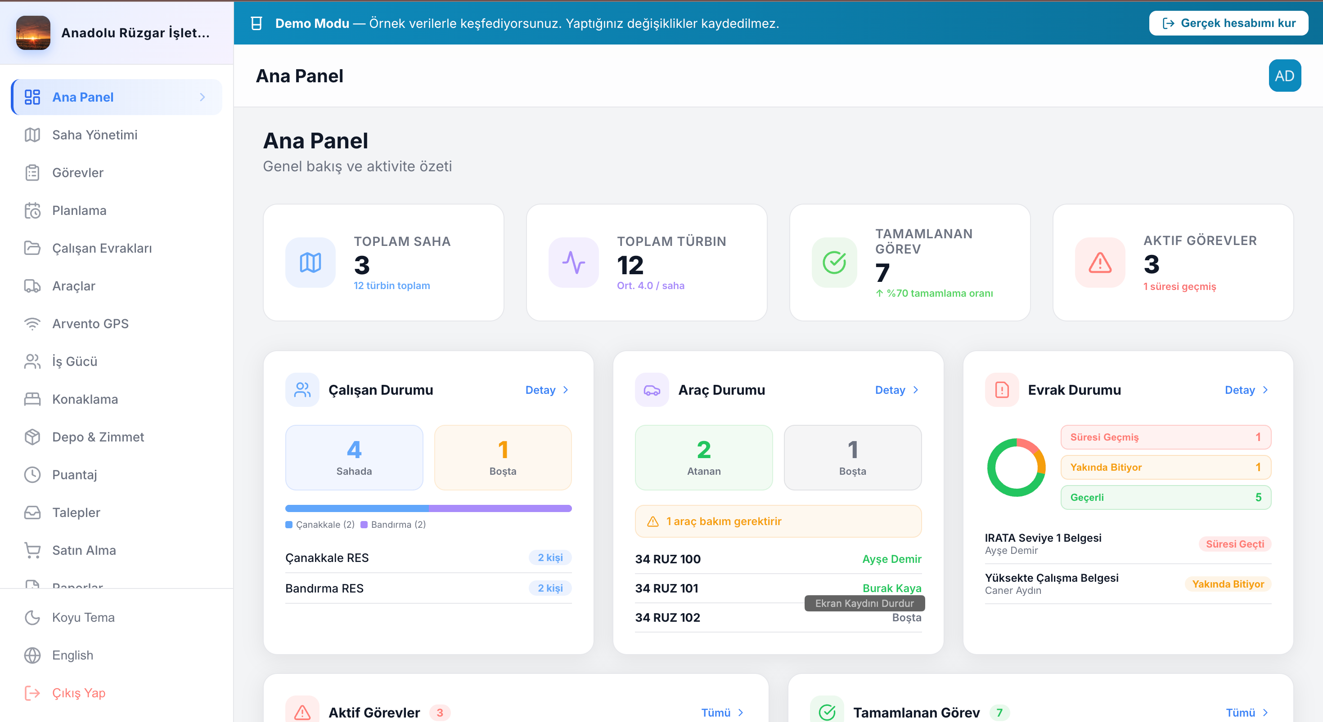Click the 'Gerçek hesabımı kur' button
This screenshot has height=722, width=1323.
coord(1228,23)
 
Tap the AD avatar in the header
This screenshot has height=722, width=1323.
coord(1284,76)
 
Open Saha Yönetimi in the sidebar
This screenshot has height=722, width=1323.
coord(94,135)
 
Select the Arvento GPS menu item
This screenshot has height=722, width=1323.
coord(90,324)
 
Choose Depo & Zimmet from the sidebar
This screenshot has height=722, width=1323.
coord(98,437)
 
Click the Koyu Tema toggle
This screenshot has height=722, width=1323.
coord(83,617)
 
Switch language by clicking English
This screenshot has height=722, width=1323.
coord(72,655)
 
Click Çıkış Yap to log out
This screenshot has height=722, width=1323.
coord(79,693)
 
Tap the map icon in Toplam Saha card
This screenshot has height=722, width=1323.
coord(310,263)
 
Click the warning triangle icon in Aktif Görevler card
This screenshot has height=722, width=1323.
coord(1100,263)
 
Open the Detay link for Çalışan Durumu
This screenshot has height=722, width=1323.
coord(547,390)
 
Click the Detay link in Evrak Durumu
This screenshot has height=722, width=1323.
coord(1246,390)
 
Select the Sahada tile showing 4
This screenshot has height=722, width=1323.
coord(354,457)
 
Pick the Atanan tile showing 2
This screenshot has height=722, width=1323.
coord(704,457)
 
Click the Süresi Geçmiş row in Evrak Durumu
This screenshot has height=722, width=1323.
coord(1165,437)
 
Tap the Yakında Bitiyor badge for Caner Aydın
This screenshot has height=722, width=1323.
coord(1228,584)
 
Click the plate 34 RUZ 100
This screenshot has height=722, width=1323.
coord(668,559)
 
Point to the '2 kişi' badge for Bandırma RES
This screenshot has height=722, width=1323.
coord(550,588)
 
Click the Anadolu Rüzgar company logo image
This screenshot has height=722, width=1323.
coord(33,33)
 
